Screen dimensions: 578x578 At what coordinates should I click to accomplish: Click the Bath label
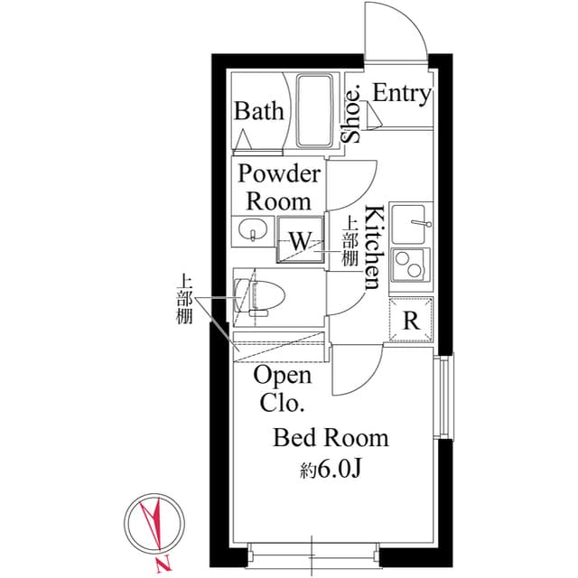point(259,112)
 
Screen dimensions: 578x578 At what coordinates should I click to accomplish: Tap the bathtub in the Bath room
point(315,112)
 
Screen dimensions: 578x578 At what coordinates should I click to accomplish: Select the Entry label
point(401,94)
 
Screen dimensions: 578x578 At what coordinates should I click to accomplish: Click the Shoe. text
point(352,114)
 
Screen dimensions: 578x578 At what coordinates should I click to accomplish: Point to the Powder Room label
point(278,187)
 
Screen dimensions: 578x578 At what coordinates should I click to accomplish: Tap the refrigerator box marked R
point(411,320)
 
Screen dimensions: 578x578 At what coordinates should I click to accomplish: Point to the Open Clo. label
point(283,387)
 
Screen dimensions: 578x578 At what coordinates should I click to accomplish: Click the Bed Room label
point(331,439)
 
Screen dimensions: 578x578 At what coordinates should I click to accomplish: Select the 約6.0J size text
point(331,470)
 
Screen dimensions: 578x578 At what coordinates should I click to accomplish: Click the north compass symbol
point(152,527)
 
